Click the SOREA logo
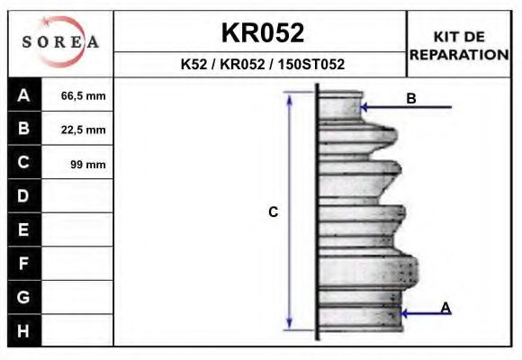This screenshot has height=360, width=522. [60, 43]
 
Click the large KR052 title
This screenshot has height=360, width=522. [262, 33]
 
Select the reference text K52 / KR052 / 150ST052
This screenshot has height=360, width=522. [262, 65]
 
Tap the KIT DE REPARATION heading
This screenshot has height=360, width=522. [459, 45]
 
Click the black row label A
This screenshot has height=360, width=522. [24, 95]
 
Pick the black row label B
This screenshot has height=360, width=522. [24, 129]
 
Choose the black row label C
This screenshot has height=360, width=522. [24, 163]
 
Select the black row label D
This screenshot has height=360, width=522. [24, 196]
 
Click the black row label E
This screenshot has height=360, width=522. [24, 230]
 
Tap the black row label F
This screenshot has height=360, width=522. [24, 264]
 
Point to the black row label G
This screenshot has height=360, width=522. [24, 297]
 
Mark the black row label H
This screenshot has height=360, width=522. [24, 330]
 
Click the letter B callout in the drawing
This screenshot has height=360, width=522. [411, 99]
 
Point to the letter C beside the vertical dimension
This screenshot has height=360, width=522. [274, 212]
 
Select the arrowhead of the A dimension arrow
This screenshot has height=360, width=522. [404, 313]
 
